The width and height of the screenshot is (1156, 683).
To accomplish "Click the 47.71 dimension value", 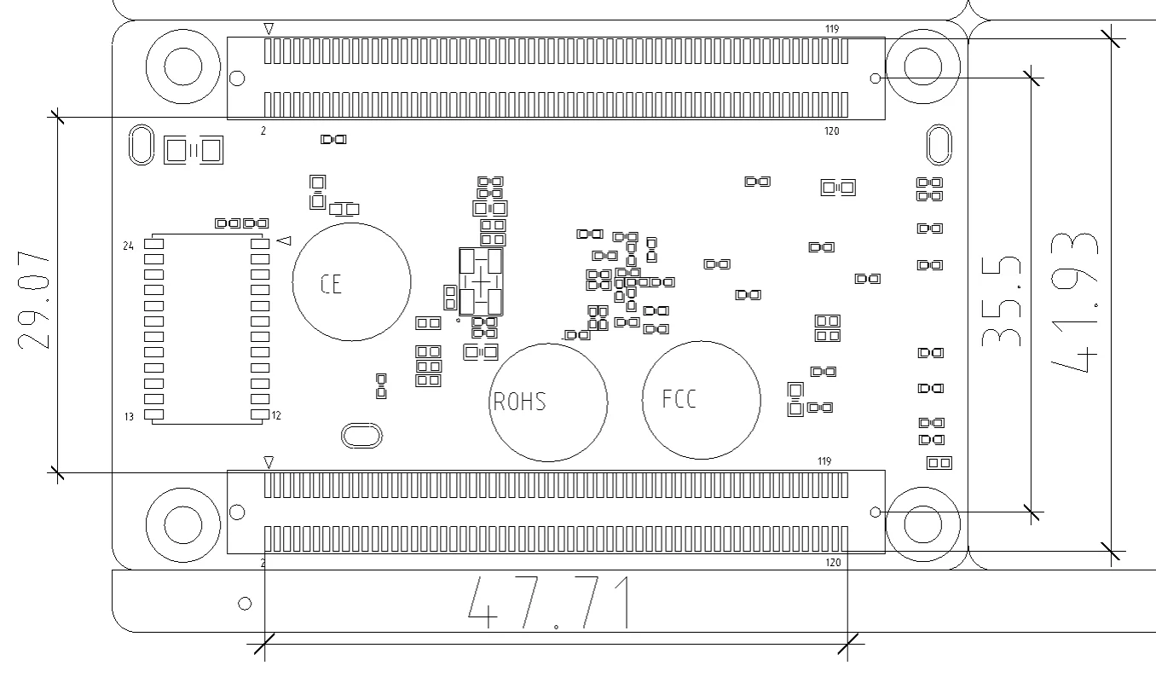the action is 549,603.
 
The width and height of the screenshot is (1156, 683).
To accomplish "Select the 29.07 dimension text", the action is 34,300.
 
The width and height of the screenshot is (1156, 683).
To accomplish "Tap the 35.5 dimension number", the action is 1001,301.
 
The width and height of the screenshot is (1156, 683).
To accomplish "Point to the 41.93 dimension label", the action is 1075,303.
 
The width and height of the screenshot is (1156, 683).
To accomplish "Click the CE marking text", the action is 331,284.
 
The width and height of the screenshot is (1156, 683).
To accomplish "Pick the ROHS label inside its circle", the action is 519,402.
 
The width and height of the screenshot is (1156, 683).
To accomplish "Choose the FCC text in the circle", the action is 679,398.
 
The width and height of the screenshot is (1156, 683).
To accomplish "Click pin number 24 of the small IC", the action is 129,246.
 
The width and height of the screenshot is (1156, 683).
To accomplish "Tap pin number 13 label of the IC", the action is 129,417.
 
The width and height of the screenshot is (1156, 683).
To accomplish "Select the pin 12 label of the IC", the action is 276,415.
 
